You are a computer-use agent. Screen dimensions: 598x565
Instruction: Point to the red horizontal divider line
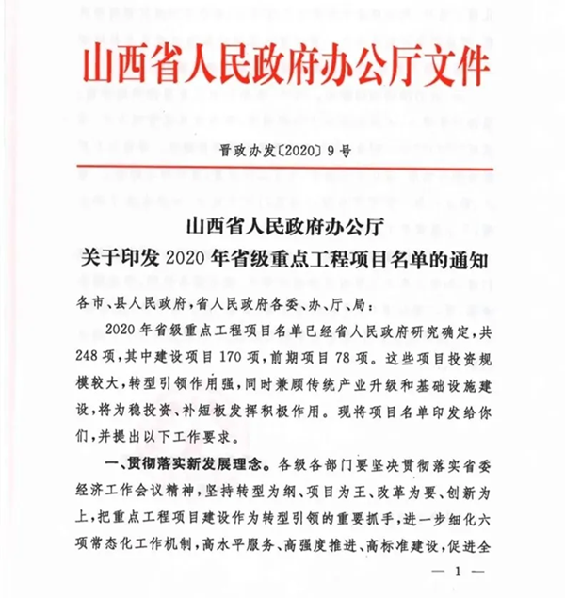[x=282, y=169]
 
